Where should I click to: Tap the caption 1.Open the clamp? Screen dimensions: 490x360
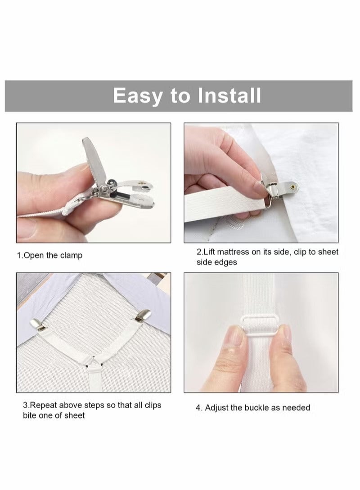pyautogui.click(x=50, y=255)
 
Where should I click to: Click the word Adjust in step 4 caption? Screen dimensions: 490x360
pyautogui.click(x=217, y=408)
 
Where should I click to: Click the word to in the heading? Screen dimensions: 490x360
pyautogui.click(x=180, y=96)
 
